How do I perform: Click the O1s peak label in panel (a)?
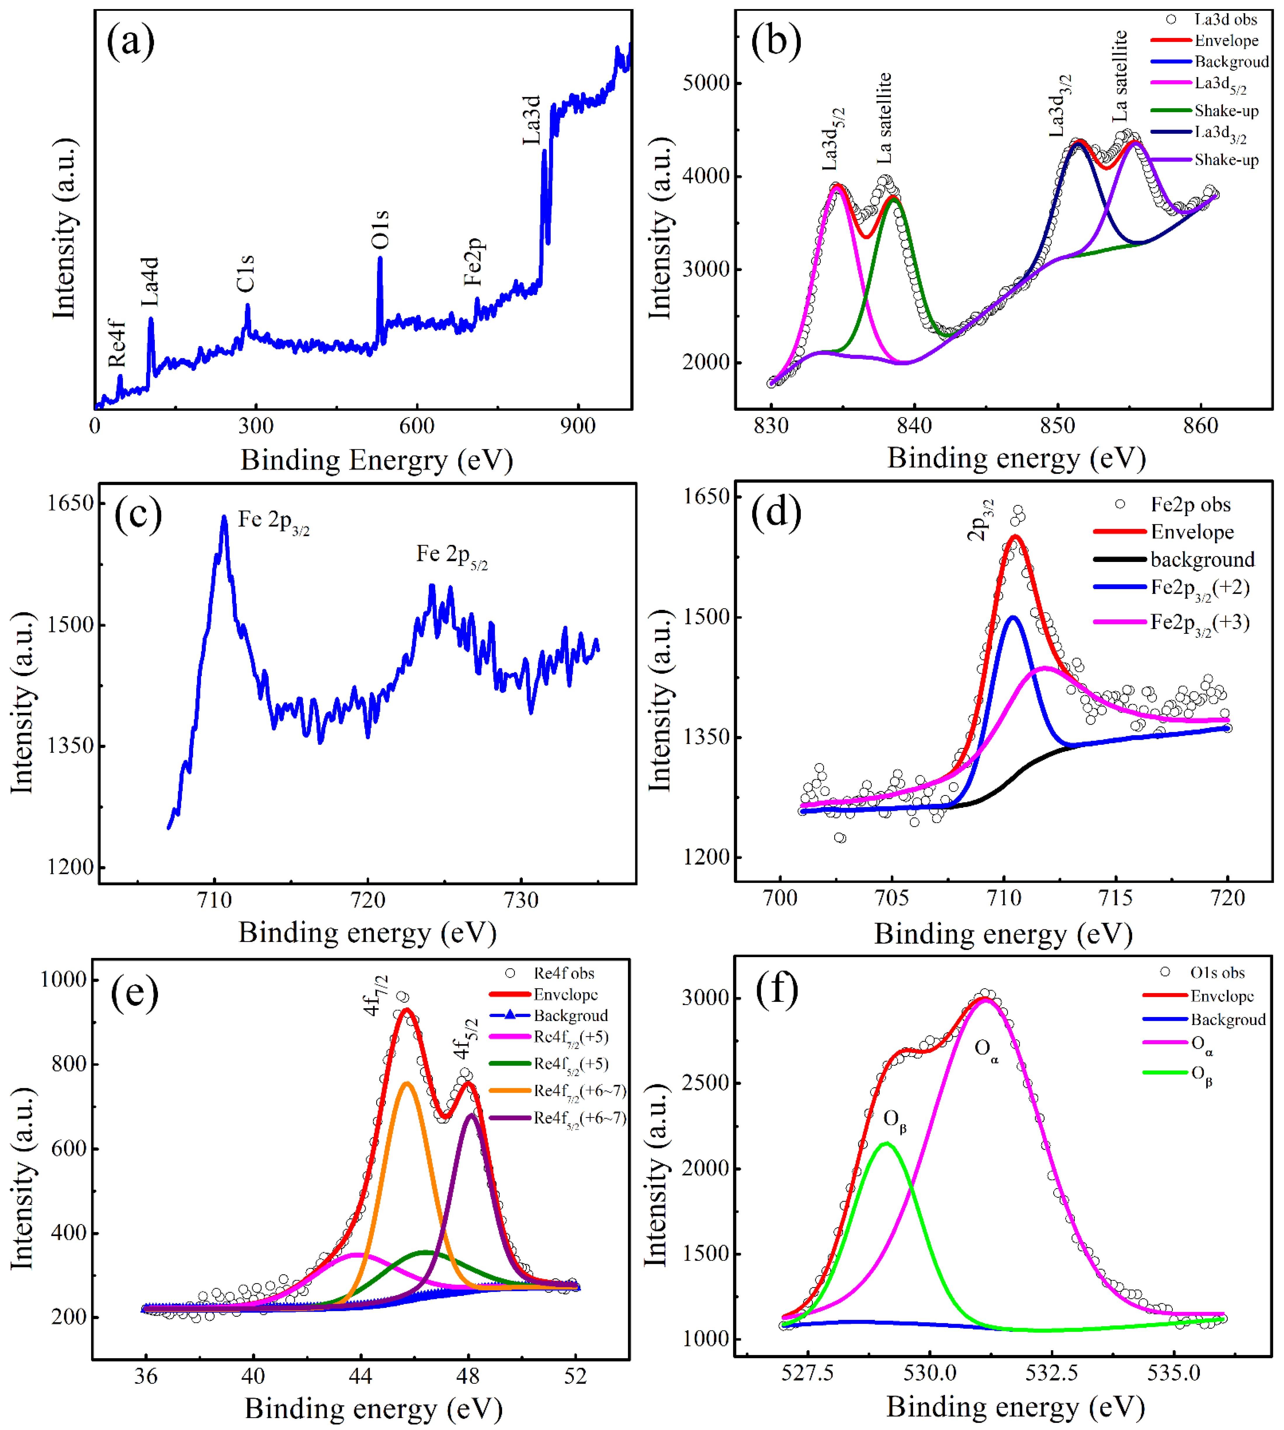[380, 229]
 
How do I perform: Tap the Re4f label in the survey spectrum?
[117, 343]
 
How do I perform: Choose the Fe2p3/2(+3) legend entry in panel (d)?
[1199, 623]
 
